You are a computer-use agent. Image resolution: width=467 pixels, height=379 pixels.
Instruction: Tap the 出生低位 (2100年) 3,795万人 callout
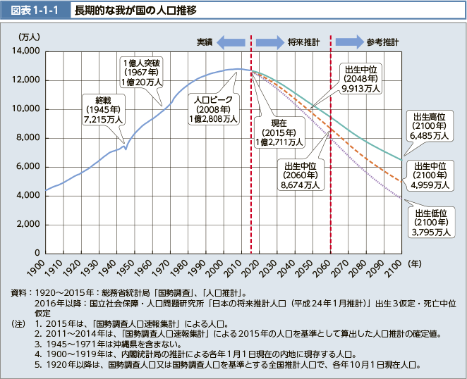pyautogui.click(x=432, y=222)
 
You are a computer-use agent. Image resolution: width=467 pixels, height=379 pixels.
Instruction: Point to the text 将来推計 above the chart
pyautogui.click(x=304, y=42)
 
